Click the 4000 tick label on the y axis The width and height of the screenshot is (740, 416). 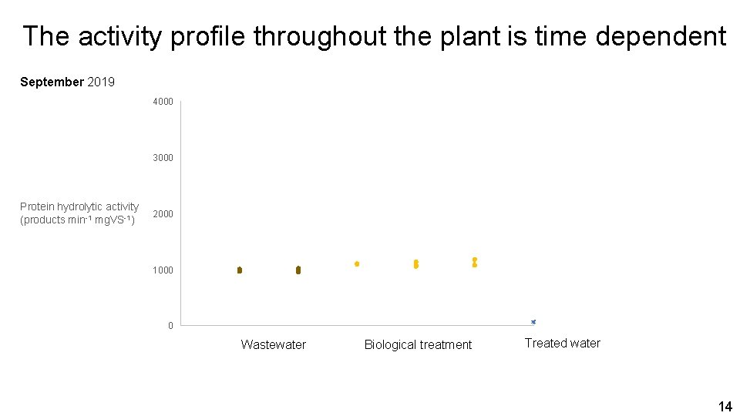(163, 102)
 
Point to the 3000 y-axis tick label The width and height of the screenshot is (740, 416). (163, 158)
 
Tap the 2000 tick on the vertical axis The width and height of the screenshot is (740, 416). (163, 214)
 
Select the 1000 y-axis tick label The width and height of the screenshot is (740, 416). (163, 270)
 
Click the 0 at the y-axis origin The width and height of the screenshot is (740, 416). (170, 326)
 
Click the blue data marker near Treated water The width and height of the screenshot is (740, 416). (533, 322)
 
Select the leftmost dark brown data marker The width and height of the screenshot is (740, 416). (240, 270)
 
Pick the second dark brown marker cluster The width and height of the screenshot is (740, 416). (298, 270)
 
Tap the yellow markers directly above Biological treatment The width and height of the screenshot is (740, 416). (416, 264)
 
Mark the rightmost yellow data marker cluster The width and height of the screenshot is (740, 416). (475, 263)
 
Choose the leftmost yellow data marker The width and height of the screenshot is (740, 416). (357, 263)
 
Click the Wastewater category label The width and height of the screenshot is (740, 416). (273, 345)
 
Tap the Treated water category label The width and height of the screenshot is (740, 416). (562, 344)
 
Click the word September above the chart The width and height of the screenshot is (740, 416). (52, 82)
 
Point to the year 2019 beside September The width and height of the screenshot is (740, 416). (101, 82)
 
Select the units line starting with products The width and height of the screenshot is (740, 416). (77, 220)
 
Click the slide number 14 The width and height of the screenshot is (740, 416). (725, 406)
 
